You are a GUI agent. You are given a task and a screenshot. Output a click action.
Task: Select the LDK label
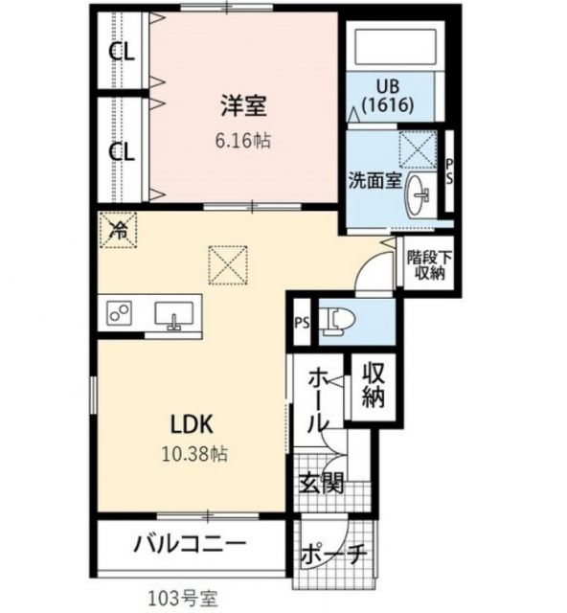tap(196, 422)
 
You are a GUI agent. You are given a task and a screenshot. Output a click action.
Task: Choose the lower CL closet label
tap(121, 150)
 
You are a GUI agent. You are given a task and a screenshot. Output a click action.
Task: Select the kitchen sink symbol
tap(174, 315)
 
